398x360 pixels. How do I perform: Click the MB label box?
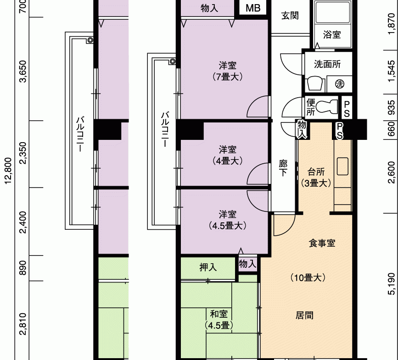253,8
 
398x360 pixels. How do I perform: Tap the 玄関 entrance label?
290,16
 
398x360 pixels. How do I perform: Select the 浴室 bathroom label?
332,34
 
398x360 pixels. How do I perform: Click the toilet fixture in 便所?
327,106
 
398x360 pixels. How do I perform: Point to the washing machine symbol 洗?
340,83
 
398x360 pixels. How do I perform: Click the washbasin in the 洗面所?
315,84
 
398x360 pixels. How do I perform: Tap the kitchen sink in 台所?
342,166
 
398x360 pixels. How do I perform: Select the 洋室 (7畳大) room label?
227,71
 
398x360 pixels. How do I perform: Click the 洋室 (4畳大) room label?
227,155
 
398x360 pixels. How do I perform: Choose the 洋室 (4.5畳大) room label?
227,220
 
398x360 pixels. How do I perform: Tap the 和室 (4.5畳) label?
219,320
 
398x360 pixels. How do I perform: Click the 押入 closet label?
208,267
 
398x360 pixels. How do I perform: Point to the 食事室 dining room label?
322,243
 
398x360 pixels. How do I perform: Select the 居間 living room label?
304,316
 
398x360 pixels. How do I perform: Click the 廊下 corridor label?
283,167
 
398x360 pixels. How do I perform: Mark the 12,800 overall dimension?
8,171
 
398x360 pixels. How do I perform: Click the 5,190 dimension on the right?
392,284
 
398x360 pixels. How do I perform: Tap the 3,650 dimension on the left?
23,71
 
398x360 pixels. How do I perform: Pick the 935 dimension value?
392,107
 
